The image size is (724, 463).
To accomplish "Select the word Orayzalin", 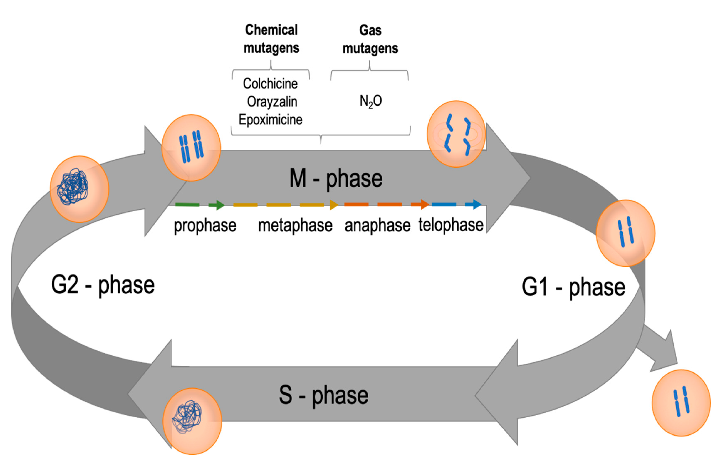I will (x=272, y=102).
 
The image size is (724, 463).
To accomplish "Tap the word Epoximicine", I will (x=270, y=120).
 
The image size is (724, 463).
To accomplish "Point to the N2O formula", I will (x=371, y=101).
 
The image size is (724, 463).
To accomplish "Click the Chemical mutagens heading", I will (x=271, y=39).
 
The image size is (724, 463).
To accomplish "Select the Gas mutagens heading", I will (x=370, y=39).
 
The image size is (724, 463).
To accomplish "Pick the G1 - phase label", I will (x=573, y=288).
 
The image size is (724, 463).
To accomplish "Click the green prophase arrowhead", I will (x=219, y=205).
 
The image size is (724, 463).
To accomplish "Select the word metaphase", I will (x=295, y=225).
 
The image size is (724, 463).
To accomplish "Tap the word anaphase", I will (x=377, y=225).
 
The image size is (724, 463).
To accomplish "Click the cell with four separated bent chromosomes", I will (x=456, y=134).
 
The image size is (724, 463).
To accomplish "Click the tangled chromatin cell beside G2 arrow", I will (x=79, y=189).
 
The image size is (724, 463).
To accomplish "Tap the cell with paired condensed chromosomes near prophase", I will (x=191, y=148).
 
